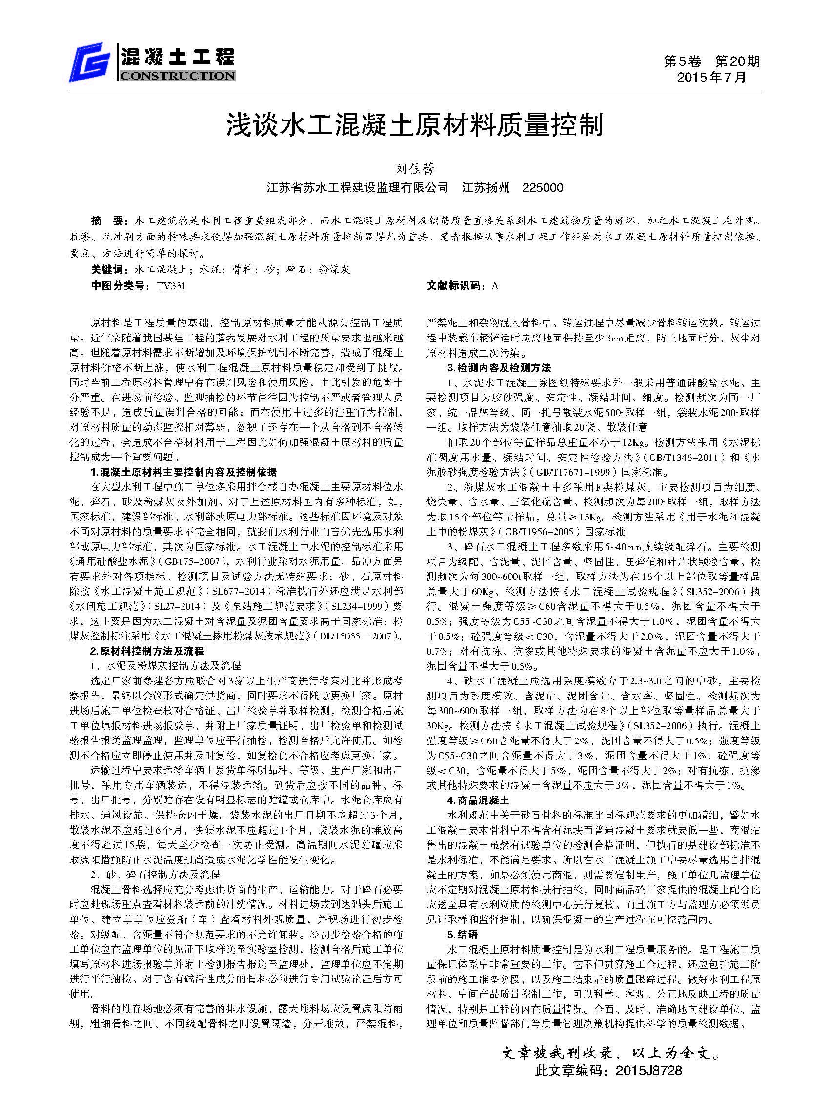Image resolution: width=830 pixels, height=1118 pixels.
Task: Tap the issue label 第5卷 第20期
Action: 711,61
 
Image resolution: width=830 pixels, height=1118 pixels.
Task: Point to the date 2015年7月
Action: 711,78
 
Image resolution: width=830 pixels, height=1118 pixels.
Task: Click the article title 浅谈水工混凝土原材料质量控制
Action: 414,125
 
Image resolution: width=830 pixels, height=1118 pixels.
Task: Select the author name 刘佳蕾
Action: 415,169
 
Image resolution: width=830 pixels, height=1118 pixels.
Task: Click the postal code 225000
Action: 543,188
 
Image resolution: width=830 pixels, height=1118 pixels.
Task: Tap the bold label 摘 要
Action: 106,220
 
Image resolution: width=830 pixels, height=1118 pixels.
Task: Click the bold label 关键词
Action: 109,269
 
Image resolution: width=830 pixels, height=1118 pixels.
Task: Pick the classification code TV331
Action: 171,286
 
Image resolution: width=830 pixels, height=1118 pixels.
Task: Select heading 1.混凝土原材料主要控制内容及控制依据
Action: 183,472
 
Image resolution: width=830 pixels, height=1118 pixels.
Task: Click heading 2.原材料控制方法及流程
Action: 147,651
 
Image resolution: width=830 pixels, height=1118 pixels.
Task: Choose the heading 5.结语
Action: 462,935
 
